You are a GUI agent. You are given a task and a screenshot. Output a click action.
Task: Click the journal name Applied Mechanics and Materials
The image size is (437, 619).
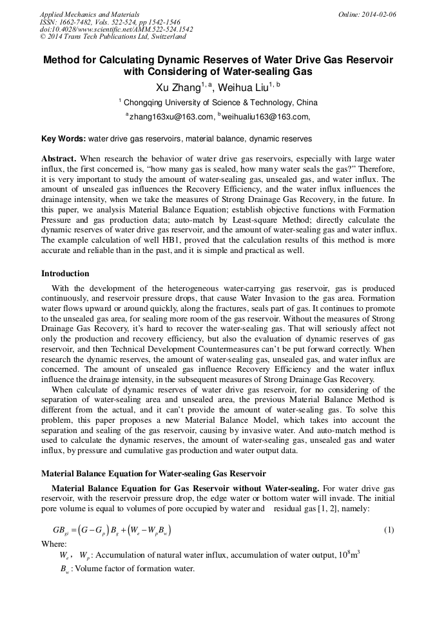point(89,14)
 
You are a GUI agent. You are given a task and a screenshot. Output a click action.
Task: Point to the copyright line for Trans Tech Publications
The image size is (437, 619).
point(113,37)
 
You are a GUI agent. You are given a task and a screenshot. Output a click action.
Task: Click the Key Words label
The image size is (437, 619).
point(63,139)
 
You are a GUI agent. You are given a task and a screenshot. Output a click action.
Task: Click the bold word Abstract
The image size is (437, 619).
point(59,158)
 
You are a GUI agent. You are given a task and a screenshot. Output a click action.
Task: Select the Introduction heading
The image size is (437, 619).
point(65,274)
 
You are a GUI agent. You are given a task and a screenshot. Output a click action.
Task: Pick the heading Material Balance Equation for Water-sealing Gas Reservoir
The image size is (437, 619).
point(153,474)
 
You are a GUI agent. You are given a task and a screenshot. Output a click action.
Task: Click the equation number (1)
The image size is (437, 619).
point(389,530)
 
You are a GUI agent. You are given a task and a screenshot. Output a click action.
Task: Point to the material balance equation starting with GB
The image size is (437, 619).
point(112,531)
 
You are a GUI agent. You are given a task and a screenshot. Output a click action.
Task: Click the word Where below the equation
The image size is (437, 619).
point(53,543)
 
